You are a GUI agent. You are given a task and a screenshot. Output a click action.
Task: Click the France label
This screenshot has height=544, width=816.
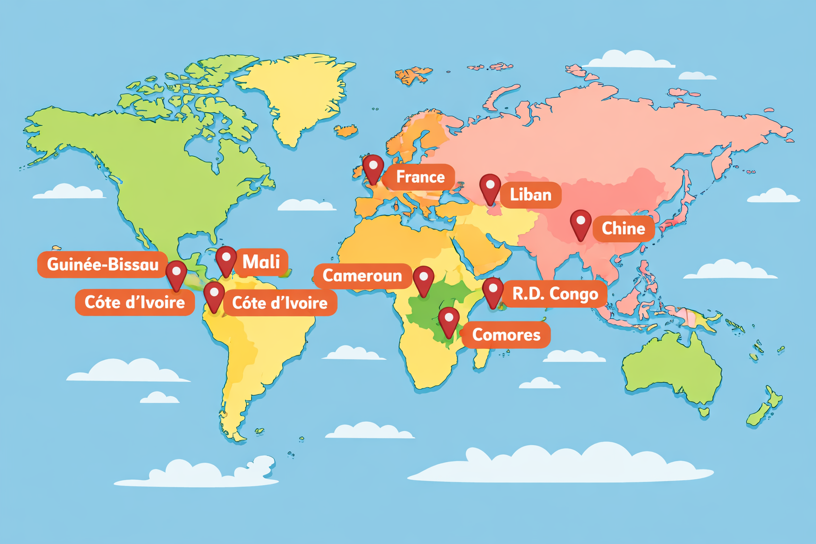coord(420,177)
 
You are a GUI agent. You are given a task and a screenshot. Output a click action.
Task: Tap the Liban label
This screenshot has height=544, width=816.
coord(530,194)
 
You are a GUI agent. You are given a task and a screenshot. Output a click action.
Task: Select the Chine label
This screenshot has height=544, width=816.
coord(623,228)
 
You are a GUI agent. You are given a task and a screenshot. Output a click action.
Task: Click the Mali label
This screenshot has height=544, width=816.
coord(261,262)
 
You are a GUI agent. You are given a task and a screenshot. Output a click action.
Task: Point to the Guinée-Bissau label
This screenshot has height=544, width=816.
coord(103,264)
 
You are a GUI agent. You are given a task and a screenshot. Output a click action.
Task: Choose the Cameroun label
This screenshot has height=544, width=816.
coord(362,276)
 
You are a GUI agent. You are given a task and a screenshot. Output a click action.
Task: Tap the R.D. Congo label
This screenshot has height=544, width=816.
coord(555,294)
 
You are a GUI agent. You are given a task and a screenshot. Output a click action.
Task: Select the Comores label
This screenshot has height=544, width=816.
coord(506,335)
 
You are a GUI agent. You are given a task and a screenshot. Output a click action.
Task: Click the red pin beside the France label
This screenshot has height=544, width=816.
coord(373,168)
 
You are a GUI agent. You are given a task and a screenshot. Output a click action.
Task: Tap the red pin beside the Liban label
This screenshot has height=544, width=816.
coord(490,188)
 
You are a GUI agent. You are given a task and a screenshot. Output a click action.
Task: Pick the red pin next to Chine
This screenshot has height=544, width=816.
coord(581,223)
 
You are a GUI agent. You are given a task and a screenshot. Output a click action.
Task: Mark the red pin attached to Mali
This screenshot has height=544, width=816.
coord(226,260)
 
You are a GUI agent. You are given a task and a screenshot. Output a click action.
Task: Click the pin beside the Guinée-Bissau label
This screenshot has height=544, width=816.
coord(176,274)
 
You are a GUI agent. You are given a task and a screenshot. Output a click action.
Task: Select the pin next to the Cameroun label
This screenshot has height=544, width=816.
coord(423,279)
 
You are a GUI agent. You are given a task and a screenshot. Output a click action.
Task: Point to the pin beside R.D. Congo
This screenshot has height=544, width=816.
coord(492,291)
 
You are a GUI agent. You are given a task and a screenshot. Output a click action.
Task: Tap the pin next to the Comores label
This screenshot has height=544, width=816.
coord(449,320)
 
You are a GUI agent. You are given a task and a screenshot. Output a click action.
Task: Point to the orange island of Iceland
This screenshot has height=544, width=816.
coord(346,130)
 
